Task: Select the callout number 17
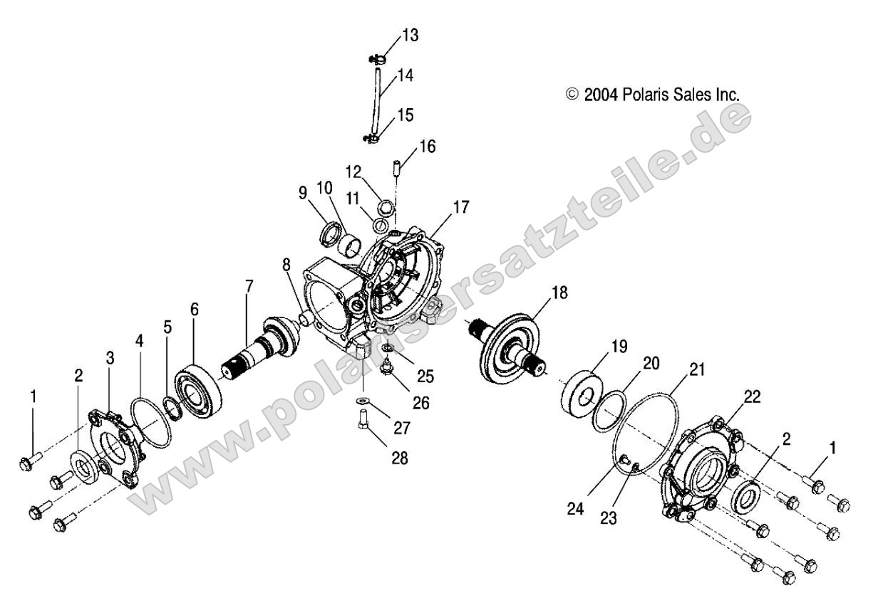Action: coord(460,207)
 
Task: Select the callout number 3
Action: coord(110,358)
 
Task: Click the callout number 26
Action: coord(421,402)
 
